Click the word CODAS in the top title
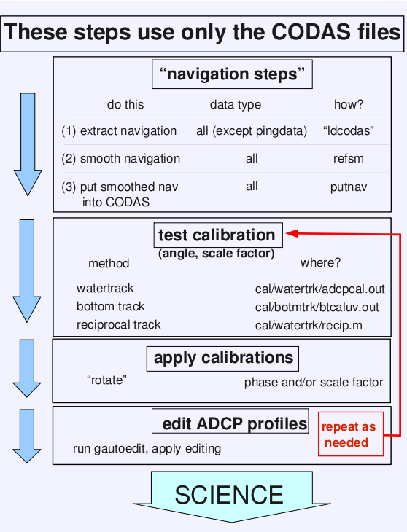point(311,32)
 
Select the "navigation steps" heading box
point(232,74)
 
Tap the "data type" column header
point(236,104)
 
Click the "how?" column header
point(348,104)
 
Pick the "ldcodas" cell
point(348,130)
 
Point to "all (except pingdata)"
point(252,131)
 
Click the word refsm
point(348,158)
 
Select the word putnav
point(349,187)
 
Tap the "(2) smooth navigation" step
point(121,158)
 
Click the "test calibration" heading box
point(218,235)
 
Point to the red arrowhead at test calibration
point(292,233)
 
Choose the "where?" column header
point(320,262)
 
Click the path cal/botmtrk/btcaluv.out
point(317,307)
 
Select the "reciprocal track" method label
point(118,325)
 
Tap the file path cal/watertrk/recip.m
point(309,325)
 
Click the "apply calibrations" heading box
point(222,359)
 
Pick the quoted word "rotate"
point(106,380)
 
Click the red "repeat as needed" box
point(351,434)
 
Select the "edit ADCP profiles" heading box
point(230,421)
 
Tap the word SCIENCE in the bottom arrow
point(229,495)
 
